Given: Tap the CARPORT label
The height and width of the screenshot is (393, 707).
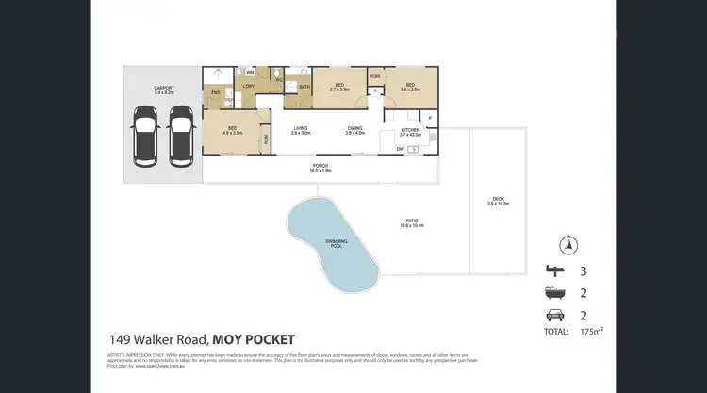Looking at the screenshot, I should pyautogui.click(x=164, y=90).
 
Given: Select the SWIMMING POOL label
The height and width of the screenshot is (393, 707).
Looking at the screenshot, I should pyautogui.click(x=336, y=244).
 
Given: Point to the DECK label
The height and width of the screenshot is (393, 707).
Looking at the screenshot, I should pyautogui.click(x=498, y=201).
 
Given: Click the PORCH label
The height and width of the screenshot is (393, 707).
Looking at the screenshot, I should pyautogui.click(x=321, y=168).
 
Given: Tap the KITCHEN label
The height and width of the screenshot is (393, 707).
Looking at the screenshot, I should pyautogui.click(x=410, y=131).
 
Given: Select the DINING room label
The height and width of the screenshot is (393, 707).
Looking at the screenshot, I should pyautogui.click(x=354, y=129).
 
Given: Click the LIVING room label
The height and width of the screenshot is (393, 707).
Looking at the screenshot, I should pyautogui.click(x=301, y=129).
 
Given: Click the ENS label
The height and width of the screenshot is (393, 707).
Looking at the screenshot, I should pyautogui.click(x=216, y=91).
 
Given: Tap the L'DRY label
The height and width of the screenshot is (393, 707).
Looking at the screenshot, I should pyautogui.click(x=249, y=87).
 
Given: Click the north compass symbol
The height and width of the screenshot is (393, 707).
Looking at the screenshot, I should pyautogui.click(x=567, y=244).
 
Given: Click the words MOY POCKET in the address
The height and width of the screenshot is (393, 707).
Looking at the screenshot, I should pyautogui.click(x=254, y=339).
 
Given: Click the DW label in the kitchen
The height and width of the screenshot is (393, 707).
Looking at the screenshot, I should pyautogui.click(x=400, y=148).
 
